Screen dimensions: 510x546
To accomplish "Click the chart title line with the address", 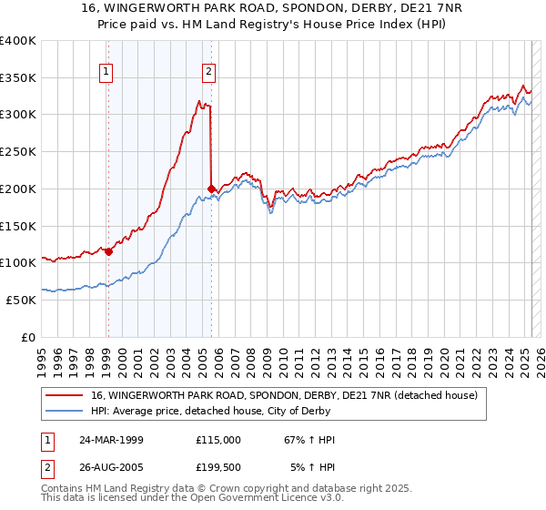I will pos(272,8).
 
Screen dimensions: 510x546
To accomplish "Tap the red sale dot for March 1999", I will pos(108,251).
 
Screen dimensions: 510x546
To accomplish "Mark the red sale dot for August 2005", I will pos(211,189).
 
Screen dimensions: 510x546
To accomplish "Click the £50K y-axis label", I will pos(21,300).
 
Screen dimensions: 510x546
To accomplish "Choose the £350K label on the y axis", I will pos(18,77).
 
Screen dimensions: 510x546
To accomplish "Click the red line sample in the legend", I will pos(64,395).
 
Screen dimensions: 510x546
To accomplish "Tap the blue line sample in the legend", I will pos(64,411).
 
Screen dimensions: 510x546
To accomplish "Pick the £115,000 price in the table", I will pos(218,440).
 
